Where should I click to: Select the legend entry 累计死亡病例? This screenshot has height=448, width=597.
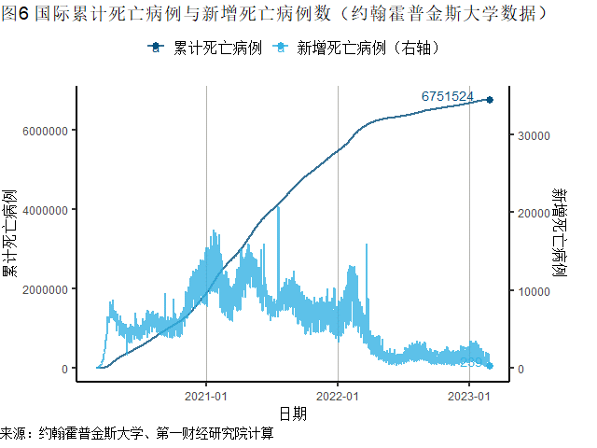click(201, 48)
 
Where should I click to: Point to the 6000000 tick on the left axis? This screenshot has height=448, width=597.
click(43, 131)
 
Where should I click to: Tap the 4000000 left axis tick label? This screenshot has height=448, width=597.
click(43, 210)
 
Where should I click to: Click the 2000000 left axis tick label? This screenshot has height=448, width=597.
click(43, 289)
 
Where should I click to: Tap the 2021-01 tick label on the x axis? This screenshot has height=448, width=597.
click(206, 395)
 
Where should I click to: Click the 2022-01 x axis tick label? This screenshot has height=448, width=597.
click(337, 395)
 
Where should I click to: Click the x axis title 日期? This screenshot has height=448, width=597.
click(292, 413)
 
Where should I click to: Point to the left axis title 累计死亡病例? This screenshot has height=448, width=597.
click(11, 233)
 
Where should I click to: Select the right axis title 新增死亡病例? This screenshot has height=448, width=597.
click(560, 233)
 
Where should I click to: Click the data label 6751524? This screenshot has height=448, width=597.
click(448, 97)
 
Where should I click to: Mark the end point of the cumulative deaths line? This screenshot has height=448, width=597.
click(490, 100)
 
